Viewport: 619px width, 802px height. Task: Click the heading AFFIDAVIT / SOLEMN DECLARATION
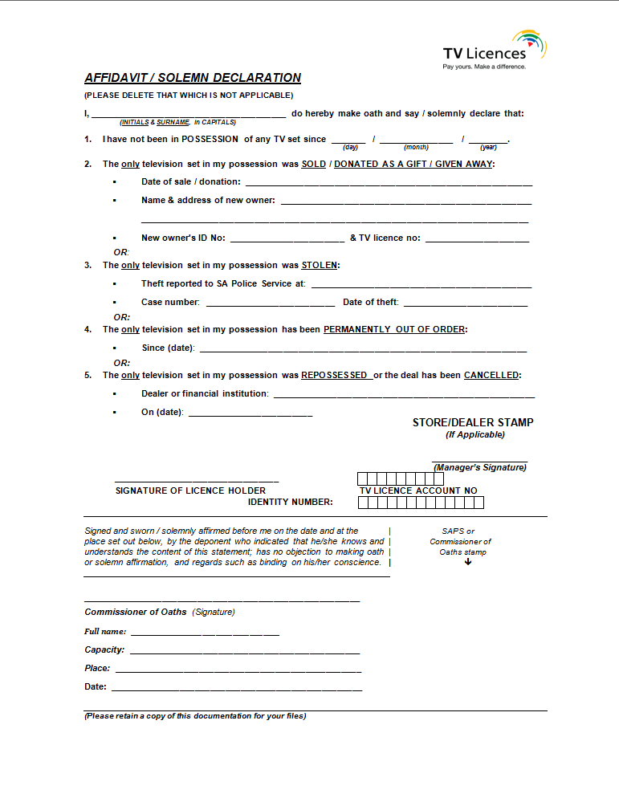pos(193,78)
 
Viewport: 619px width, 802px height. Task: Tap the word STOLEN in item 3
pos(320,265)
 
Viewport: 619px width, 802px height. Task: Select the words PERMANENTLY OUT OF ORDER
pos(394,329)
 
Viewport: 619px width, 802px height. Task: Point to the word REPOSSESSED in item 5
pos(335,375)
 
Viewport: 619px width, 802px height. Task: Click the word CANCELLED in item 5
pos(491,375)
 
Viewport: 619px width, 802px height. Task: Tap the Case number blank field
pos(271,305)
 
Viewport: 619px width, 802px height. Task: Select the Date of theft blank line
pos(465,305)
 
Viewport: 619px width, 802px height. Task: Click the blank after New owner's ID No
pos(287,241)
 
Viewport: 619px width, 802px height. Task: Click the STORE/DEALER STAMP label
pos(473,422)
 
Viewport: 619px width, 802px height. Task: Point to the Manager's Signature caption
pos(480,467)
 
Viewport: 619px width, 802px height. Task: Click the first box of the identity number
pos(363,503)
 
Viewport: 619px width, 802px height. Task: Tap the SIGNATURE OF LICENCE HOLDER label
pos(190,491)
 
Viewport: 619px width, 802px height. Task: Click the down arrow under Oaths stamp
pos(468,562)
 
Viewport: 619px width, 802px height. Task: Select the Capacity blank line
pos(244,653)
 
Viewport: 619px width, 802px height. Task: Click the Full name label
pos(105,632)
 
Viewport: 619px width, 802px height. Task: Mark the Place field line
pos(238,671)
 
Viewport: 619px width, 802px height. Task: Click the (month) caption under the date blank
pos(416,148)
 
